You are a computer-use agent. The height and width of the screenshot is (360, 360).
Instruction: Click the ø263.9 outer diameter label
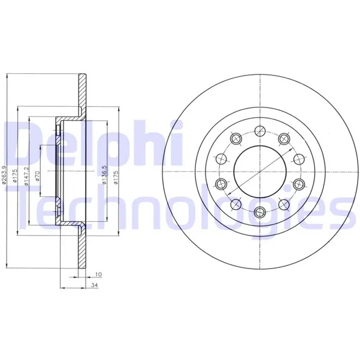[4, 175]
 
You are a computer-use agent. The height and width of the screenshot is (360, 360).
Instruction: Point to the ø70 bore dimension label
[38, 176]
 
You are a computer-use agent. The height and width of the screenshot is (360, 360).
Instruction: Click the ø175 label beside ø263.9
[15, 176]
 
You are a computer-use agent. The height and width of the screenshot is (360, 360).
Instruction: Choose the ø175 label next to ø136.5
[116, 177]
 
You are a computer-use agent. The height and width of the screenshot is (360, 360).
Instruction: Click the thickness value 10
[99, 274]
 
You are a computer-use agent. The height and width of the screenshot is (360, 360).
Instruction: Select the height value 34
[94, 286]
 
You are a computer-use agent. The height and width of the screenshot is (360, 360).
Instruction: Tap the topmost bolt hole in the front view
[260, 131]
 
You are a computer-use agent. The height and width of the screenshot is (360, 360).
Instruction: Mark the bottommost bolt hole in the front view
[260, 211]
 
